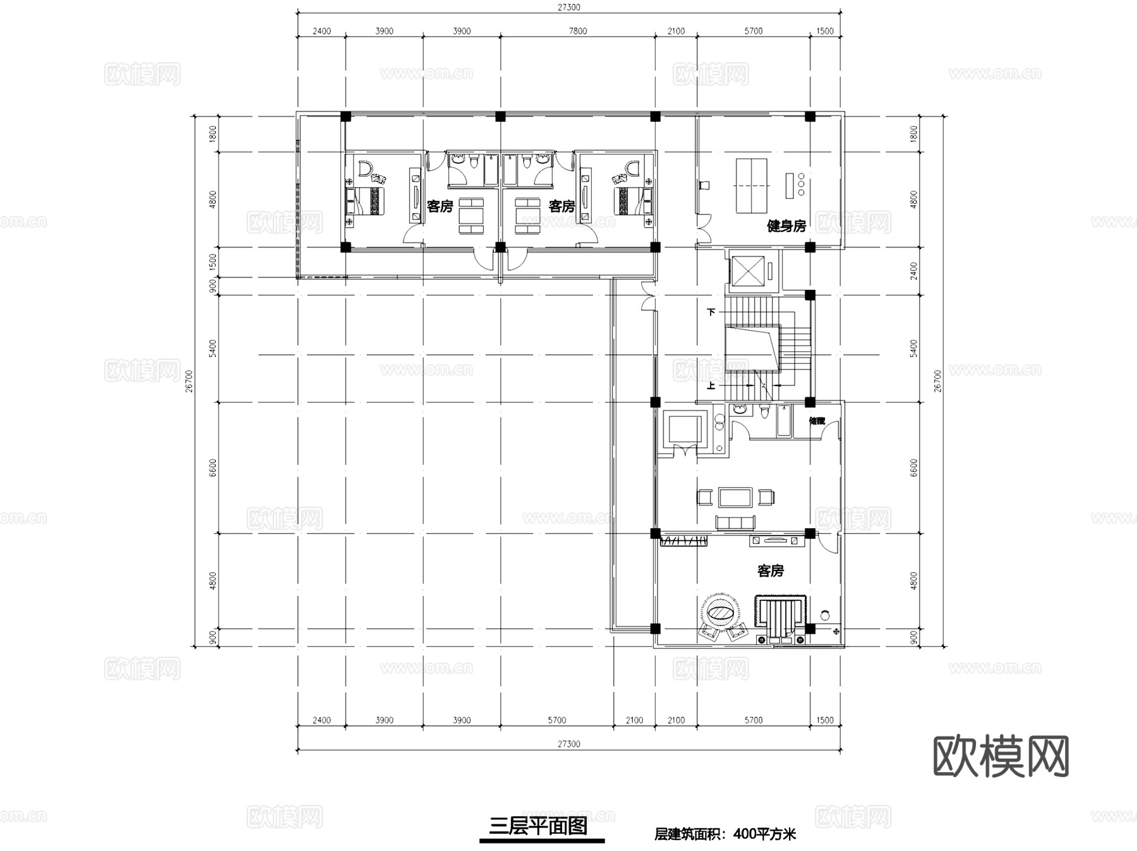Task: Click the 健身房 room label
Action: (786, 226)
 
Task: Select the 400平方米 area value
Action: (764, 834)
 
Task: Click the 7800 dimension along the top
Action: (577, 31)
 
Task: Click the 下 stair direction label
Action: (711, 312)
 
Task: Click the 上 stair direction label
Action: (711, 385)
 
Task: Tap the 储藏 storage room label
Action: (817, 421)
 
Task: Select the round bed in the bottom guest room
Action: (720, 612)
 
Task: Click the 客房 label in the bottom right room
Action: (770, 571)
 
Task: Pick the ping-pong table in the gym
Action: (752, 186)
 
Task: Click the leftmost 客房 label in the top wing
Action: (440, 206)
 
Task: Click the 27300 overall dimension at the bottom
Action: (568, 744)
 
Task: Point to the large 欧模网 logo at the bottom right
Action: (1001, 756)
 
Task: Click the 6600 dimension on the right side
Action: (913, 468)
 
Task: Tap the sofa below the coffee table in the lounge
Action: (735, 522)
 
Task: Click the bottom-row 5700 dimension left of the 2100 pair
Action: (556, 720)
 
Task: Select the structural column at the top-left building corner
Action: (346, 116)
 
